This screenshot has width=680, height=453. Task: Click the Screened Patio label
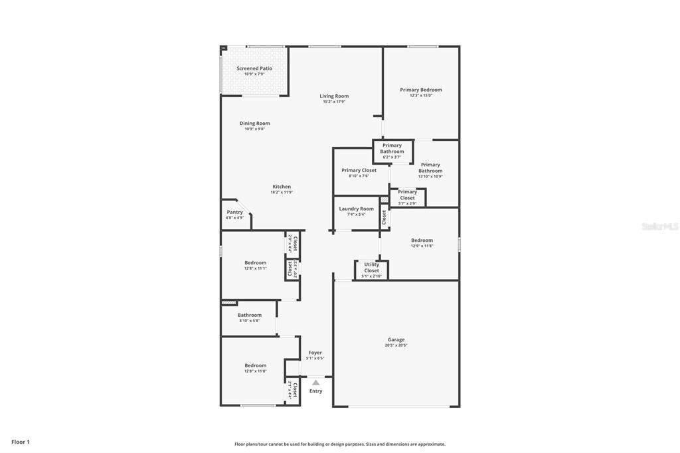(254, 68)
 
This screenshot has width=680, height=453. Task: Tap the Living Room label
(334, 96)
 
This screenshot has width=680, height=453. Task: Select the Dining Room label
(254, 124)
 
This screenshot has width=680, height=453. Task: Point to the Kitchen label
(282, 187)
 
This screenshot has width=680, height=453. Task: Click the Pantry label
(235, 213)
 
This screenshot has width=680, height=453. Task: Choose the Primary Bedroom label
(420, 90)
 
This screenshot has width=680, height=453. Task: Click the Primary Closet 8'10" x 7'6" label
(359, 171)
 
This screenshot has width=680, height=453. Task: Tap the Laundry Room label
(356, 209)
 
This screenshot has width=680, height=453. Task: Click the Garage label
(396, 340)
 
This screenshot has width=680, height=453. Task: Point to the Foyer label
(315, 353)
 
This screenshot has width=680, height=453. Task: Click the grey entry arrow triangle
(316, 383)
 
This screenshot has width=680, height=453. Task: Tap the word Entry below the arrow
(316, 391)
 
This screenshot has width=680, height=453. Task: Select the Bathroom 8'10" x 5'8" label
(250, 316)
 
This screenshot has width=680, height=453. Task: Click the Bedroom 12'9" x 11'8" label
(422, 240)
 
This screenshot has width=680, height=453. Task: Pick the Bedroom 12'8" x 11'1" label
(255, 263)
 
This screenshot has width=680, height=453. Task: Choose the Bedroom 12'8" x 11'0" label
(255, 366)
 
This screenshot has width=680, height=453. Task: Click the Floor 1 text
(21, 442)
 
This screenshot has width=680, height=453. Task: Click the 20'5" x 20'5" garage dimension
(396, 345)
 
